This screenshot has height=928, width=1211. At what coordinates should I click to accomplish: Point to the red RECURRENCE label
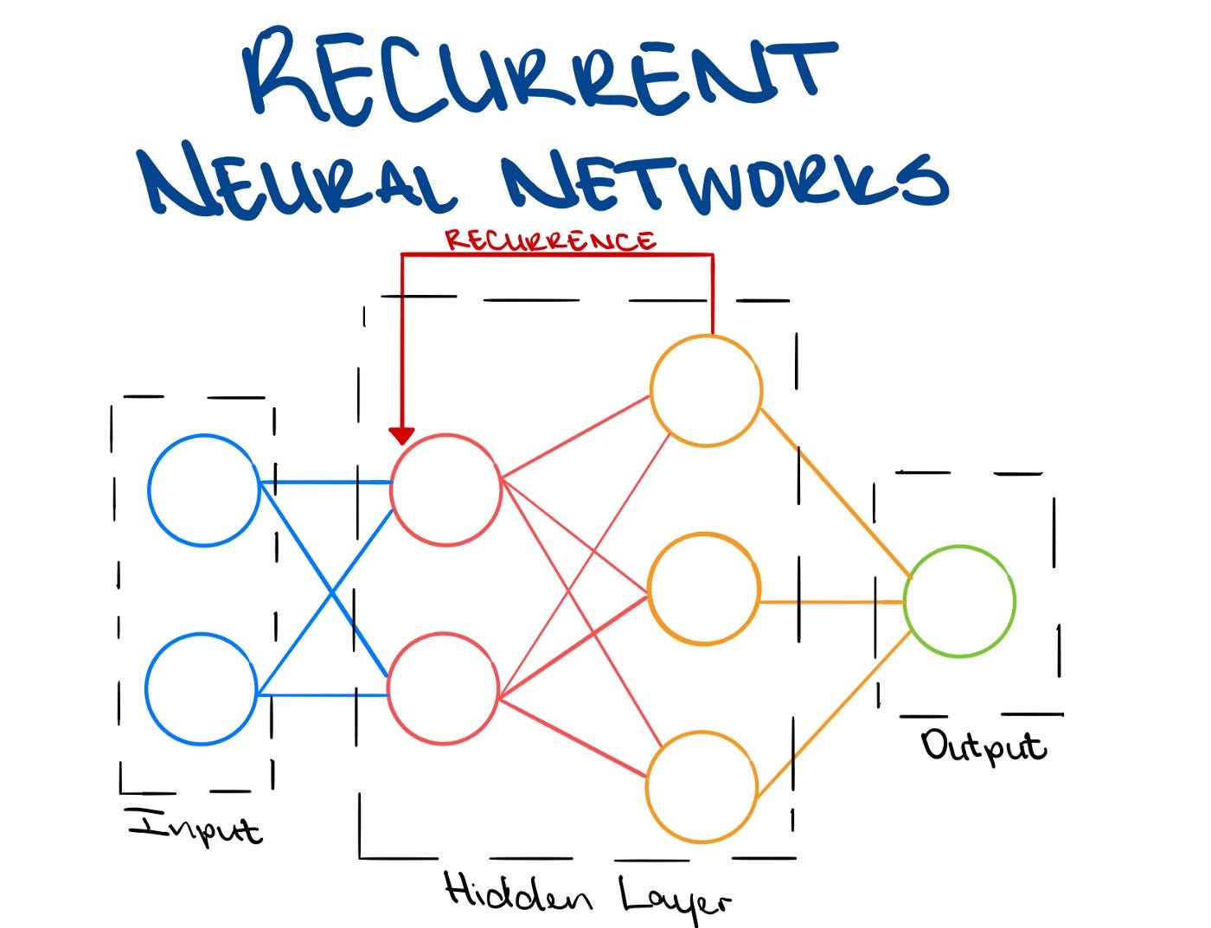(550, 240)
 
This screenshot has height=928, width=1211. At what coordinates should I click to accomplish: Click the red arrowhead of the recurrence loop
(401, 435)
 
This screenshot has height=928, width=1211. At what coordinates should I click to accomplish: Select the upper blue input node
(204, 490)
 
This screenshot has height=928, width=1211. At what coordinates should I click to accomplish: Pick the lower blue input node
(202, 688)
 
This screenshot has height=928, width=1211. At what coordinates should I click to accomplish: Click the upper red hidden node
(445, 490)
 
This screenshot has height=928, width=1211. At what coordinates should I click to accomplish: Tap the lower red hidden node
(443, 688)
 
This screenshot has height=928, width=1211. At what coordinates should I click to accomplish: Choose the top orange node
(706, 391)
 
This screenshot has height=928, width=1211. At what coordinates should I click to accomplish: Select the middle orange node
(704, 589)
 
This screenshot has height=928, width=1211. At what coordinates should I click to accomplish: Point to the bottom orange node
(702, 786)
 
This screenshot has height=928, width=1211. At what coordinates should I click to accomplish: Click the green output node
(959, 601)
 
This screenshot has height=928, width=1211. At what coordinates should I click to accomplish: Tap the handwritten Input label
(195, 828)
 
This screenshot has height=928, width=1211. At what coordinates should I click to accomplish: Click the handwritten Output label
(984, 746)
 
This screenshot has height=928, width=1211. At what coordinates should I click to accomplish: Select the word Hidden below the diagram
(517, 893)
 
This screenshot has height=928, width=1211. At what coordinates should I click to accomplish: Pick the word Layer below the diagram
(675, 899)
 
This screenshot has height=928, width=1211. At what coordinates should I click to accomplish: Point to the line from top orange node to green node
(835, 492)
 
